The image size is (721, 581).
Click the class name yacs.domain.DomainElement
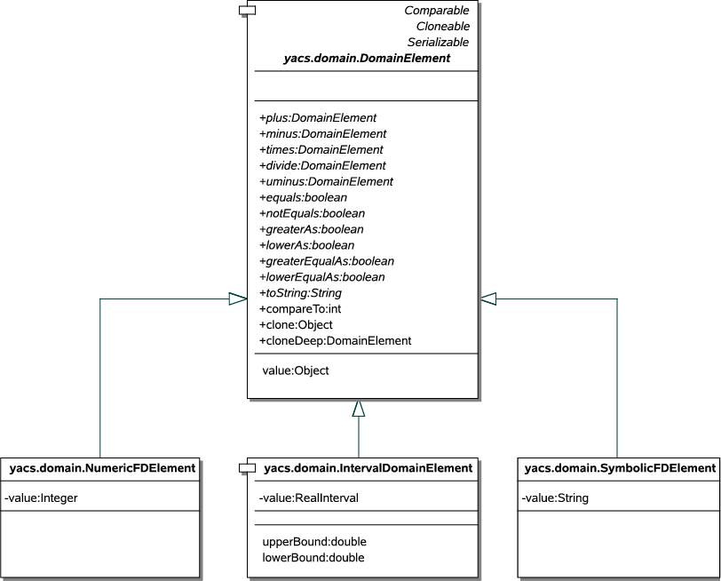367,59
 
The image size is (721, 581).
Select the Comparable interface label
436,11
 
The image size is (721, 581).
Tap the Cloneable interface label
442,27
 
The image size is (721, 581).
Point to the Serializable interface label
438,43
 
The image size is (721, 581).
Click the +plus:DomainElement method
318,117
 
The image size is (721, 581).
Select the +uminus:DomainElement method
326,181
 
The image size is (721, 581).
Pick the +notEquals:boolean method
312,213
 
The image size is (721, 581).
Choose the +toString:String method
300,292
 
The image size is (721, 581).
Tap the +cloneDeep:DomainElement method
335,340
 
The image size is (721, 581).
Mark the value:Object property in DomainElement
296,370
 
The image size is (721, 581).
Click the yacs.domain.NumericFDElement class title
102,468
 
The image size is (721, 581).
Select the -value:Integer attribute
42,498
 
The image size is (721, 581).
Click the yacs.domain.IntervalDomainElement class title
368,468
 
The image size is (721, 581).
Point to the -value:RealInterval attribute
308,498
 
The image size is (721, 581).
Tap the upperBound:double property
314,541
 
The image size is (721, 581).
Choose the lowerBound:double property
313,557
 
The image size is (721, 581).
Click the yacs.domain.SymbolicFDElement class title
620,468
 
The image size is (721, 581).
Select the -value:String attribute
555,498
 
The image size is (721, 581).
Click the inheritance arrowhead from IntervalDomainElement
359,408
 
